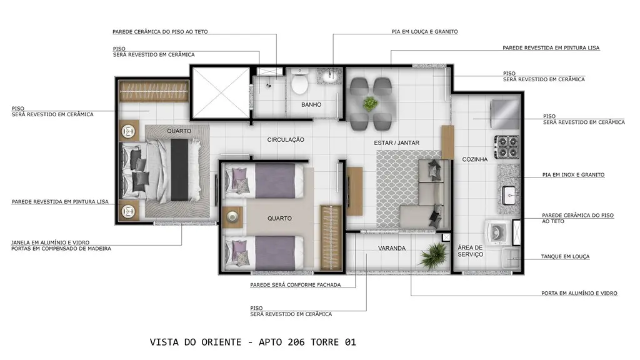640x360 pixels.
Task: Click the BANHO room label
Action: (311, 104)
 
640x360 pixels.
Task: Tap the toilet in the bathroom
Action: (299, 81)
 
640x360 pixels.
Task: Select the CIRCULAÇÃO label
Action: (286, 139)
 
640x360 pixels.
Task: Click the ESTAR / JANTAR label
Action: (397, 143)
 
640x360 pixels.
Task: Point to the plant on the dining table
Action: (370, 104)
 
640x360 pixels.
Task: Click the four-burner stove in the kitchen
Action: (507, 147)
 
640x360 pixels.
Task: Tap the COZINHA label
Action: (475, 159)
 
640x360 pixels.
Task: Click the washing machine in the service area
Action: (497, 233)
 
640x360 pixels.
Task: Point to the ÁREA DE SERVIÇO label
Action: (470, 251)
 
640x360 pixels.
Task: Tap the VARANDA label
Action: (392, 248)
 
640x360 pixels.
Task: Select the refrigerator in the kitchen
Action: (505, 114)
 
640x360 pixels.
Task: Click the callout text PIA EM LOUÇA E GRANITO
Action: (424, 31)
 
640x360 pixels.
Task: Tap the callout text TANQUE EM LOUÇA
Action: (565, 257)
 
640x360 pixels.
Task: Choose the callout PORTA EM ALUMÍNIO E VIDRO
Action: (579, 293)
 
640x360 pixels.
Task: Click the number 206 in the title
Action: (296, 342)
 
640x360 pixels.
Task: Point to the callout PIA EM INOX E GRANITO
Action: (574, 175)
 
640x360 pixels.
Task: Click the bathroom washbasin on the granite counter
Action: (330, 76)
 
